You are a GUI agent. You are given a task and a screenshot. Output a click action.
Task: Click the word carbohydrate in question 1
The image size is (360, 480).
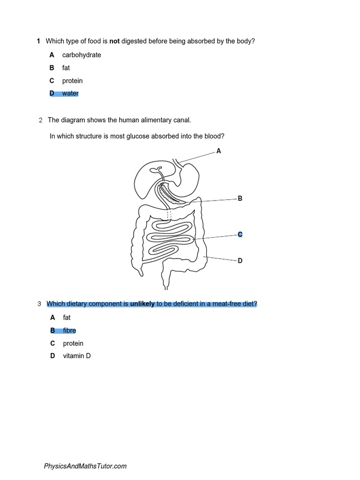[x=82, y=55]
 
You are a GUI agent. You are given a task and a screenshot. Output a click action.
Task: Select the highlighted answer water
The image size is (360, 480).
[x=70, y=93]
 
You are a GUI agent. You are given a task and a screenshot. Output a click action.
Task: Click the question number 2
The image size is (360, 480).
[x=40, y=120]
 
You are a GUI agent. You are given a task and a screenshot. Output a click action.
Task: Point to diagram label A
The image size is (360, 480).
[x=218, y=151]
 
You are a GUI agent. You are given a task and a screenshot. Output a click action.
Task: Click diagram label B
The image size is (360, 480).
[x=240, y=199]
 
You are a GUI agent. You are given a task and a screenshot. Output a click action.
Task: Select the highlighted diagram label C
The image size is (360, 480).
[x=240, y=234]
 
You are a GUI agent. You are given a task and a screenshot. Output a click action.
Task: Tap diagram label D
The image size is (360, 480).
[x=240, y=261]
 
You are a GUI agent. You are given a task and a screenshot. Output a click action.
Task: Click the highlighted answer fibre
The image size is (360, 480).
[x=69, y=330]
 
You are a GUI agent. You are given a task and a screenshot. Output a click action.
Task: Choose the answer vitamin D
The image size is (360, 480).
[x=77, y=356]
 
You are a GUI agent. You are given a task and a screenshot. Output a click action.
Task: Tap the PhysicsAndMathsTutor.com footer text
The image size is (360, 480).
[x=85, y=466]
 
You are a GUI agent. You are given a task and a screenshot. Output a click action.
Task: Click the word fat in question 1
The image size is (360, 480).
[x=66, y=68]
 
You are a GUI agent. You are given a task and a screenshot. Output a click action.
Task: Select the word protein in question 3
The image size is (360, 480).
[x=73, y=343]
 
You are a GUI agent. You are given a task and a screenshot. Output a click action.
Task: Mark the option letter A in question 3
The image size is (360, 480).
[x=53, y=317]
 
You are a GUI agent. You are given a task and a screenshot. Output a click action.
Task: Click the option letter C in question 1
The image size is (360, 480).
[x=52, y=81]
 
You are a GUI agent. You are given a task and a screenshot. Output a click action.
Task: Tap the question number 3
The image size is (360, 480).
[x=39, y=304]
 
